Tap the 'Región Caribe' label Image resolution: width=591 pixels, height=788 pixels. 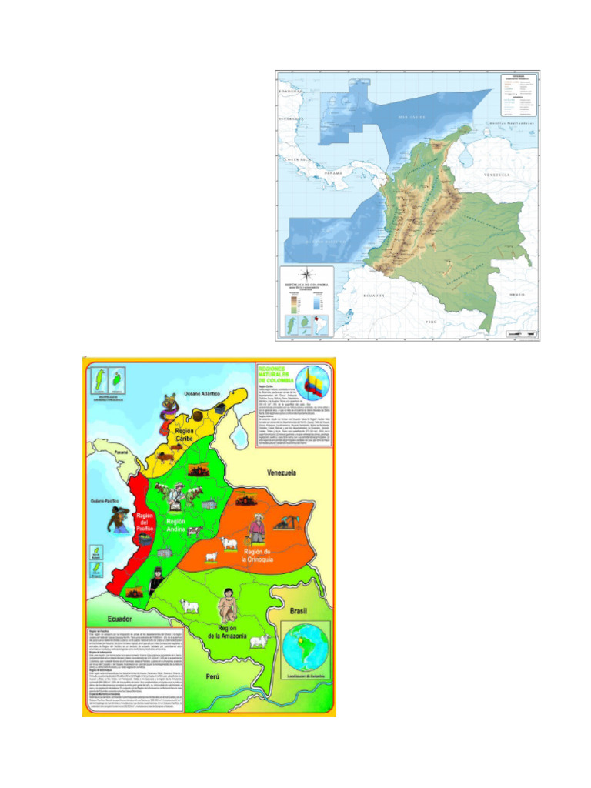point(184,436)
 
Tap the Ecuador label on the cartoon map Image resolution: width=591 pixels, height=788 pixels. point(120,618)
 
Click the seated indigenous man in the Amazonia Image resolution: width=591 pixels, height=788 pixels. point(227,606)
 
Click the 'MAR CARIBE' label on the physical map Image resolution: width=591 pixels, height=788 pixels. point(412,117)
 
